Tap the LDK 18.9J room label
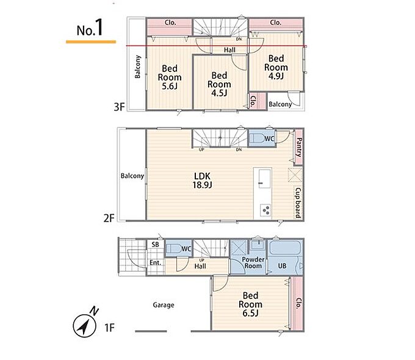[x=203, y=181]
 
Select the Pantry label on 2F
[x=299, y=147]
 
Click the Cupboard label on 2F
[x=298, y=203]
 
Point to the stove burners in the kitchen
[x=265, y=211]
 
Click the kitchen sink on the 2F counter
[x=264, y=179]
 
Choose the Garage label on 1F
[x=164, y=305]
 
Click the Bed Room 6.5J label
[x=250, y=304]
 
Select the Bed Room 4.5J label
[x=219, y=84]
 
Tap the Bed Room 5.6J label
[x=170, y=77]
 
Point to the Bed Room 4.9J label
[x=276, y=67]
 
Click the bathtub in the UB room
[x=285, y=248]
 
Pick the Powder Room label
[x=253, y=262]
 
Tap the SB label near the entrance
[x=156, y=245]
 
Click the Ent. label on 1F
[x=156, y=263]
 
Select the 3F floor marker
[x=119, y=107]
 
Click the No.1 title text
[x=90, y=28]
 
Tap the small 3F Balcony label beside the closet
[x=280, y=104]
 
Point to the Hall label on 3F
[x=229, y=50]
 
